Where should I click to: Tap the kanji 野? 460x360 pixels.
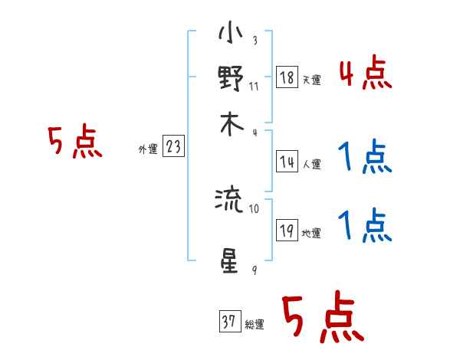pyautogui.click(x=230, y=79)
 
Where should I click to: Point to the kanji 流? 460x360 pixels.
pyautogui.click(x=230, y=201)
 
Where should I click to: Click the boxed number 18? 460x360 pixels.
pyautogui.click(x=286, y=78)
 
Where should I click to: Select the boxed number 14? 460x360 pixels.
pyautogui.click(x=286, y=161)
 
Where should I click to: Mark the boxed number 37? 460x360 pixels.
pyautogui.click(x=228, y=322)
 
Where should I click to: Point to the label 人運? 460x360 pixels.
pyautogui.click(x=311, y=163)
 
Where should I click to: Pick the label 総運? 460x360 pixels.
pyautogui.click(x=254, y=325)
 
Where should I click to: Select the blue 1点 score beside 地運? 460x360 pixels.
pyautogui.click(x=365, y=227)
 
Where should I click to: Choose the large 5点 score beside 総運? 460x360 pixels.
pyautogui.click(x=322, y=319)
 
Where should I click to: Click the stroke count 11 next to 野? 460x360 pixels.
pyautogui.click(x=254, y=86)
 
